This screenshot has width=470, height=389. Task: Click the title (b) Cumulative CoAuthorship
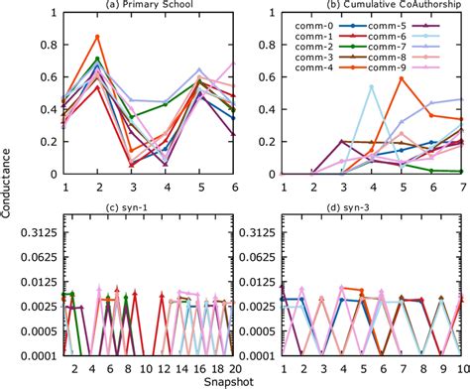(367, 7)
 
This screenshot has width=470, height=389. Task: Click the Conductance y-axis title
(9, 194)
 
